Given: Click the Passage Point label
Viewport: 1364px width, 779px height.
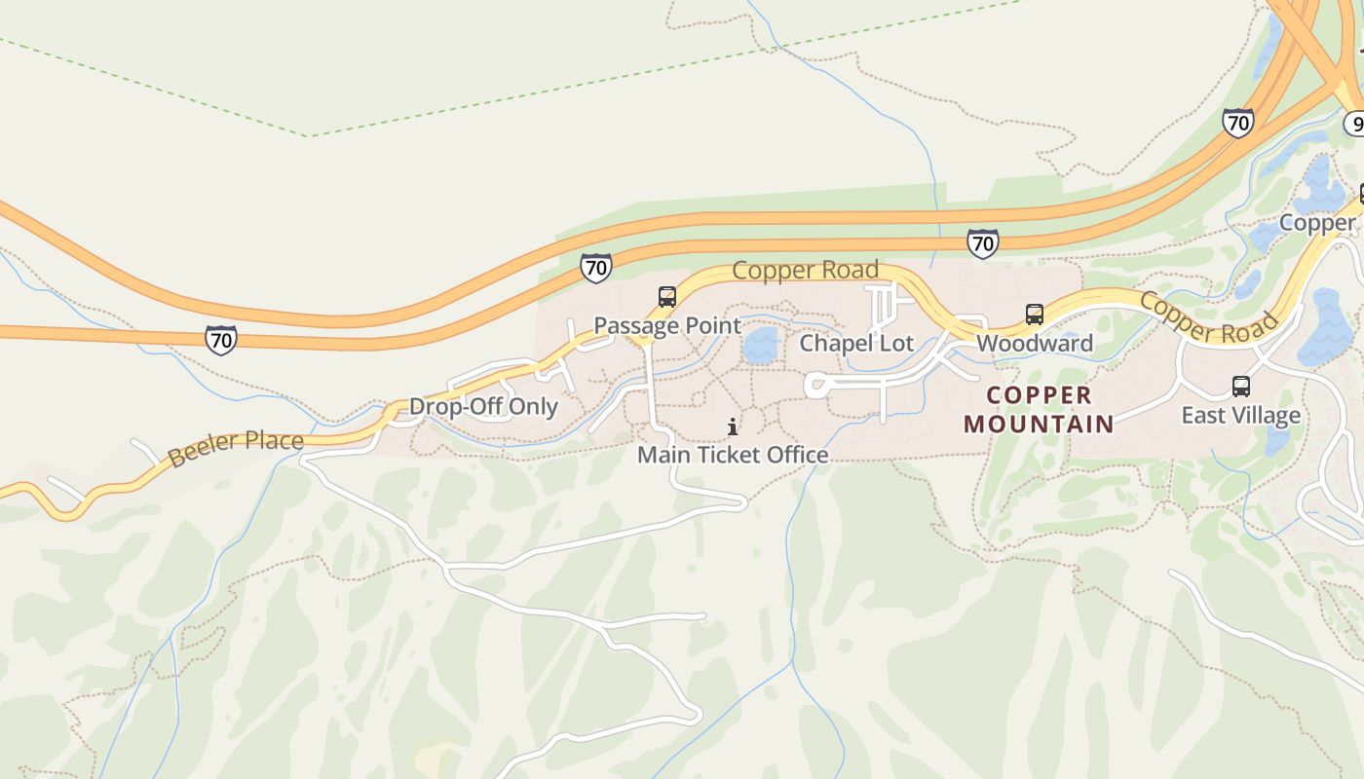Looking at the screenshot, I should point(667,325).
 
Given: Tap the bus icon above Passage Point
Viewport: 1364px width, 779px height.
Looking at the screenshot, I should point(666,297).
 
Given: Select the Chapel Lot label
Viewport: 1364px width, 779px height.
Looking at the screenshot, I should point(856,343).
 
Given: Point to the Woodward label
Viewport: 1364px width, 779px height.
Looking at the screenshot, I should point(1035,343).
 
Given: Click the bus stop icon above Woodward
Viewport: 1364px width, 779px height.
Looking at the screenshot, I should point(1035,315).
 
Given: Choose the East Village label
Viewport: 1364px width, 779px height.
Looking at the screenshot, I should point(1240,416).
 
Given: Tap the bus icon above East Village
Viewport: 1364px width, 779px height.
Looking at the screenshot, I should point(1240,387).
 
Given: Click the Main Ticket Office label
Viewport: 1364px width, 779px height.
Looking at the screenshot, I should point(733,455).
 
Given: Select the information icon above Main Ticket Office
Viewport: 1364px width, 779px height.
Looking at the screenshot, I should point(733,427).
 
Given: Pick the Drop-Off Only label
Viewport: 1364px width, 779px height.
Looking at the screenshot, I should point(483,406).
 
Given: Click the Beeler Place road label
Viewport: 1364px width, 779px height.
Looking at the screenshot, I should point(236,447).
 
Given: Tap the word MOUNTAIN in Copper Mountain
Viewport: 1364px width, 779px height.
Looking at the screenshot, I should point(1039,424).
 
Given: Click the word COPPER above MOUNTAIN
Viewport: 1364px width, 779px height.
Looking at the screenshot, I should point(1040,395).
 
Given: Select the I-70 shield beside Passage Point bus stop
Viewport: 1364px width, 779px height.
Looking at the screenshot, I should point(595,268).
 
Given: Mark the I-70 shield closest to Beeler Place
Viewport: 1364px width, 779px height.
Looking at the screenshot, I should point(221,340).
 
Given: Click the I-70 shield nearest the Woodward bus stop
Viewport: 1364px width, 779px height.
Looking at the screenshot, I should point(982,243).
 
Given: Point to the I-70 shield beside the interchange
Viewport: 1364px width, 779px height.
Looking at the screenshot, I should point(1237,123).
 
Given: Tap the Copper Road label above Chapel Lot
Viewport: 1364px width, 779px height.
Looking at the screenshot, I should point(805,270).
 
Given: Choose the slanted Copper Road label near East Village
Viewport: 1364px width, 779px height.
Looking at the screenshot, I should point(1208,317).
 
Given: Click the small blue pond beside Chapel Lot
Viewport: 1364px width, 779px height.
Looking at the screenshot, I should point(761,346).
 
